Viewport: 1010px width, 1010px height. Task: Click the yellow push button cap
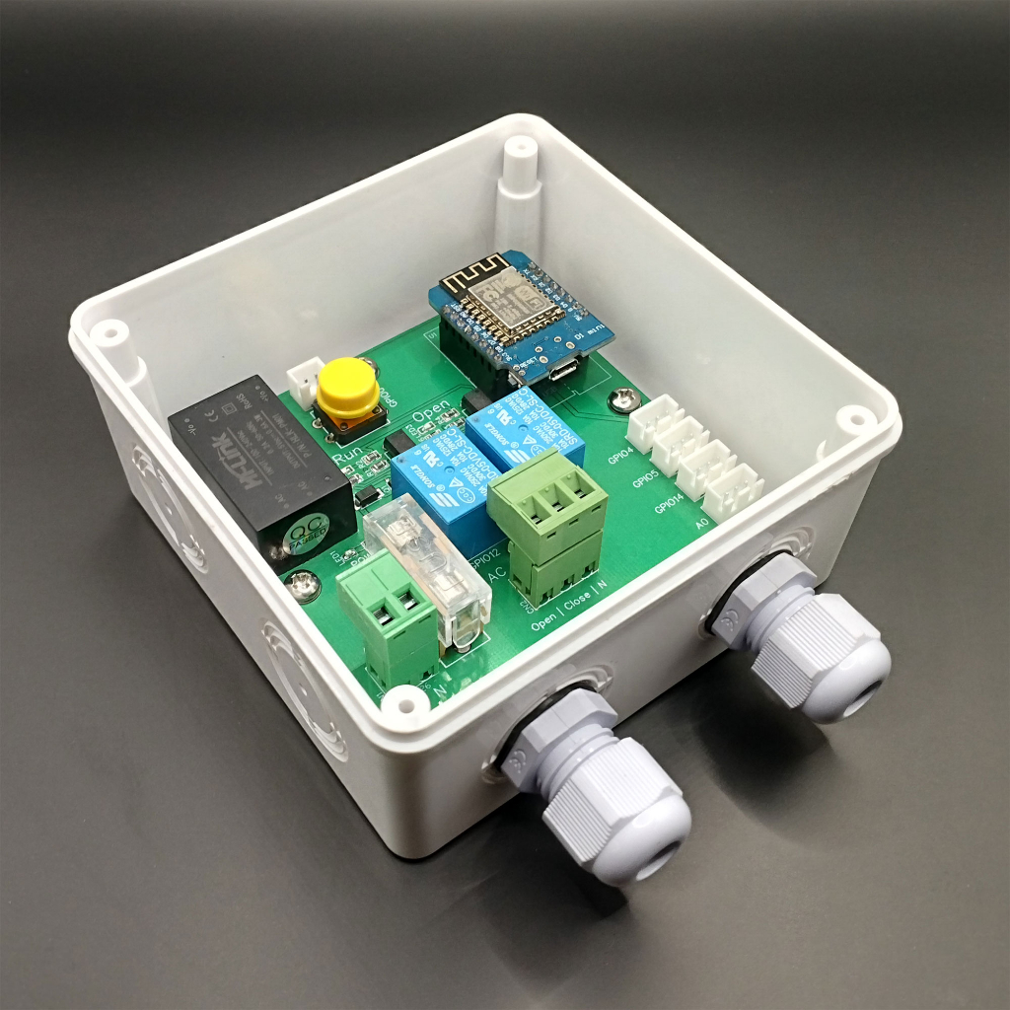[347, 387]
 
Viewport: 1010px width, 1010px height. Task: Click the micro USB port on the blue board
[564, 371]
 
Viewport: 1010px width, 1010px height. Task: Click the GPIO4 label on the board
[619, 458]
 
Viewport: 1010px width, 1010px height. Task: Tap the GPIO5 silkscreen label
[645, 481]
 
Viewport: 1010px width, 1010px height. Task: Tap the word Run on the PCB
[347, 456]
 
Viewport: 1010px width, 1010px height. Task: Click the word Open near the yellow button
[430, 412]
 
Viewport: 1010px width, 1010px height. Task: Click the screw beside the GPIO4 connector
[620, 398]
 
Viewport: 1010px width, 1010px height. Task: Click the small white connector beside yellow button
[304, 377]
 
